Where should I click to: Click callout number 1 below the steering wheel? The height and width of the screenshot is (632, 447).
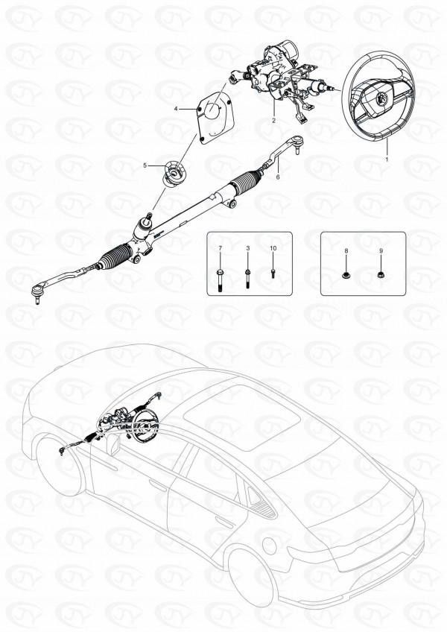pyautogui.click(x=387, y=159)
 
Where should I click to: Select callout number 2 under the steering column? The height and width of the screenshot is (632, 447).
pyautogui.click(x=273, y=121)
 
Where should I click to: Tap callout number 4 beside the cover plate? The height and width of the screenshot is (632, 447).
pyautogui.click(x=176, y=109)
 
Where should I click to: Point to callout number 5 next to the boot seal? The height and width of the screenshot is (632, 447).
pyautogui.click(x=145, y=165)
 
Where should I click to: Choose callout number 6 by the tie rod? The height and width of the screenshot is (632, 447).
pyautogui.click(x=277, y=177)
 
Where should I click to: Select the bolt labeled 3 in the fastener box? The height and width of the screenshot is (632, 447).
pyautogui.click(x=247, y=279)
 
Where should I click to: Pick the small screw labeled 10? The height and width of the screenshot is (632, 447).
pyautogui.click(x=273, y=274)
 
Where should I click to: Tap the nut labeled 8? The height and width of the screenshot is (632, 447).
pyautogui.click(x=346, y=276)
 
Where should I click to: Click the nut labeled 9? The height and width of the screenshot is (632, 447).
pyautogui.click(x=380, y=275)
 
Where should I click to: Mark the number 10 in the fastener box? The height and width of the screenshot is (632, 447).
pyautogui.click(x=273, y=248)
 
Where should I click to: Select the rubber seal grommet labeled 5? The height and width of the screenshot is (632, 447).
pyautogui.click(x=174, y=174)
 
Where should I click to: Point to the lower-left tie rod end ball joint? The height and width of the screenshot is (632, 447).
pyautogui.click(x=37, y=291)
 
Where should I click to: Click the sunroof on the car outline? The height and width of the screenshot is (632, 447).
pyautogui.click(x=242, y=417)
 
